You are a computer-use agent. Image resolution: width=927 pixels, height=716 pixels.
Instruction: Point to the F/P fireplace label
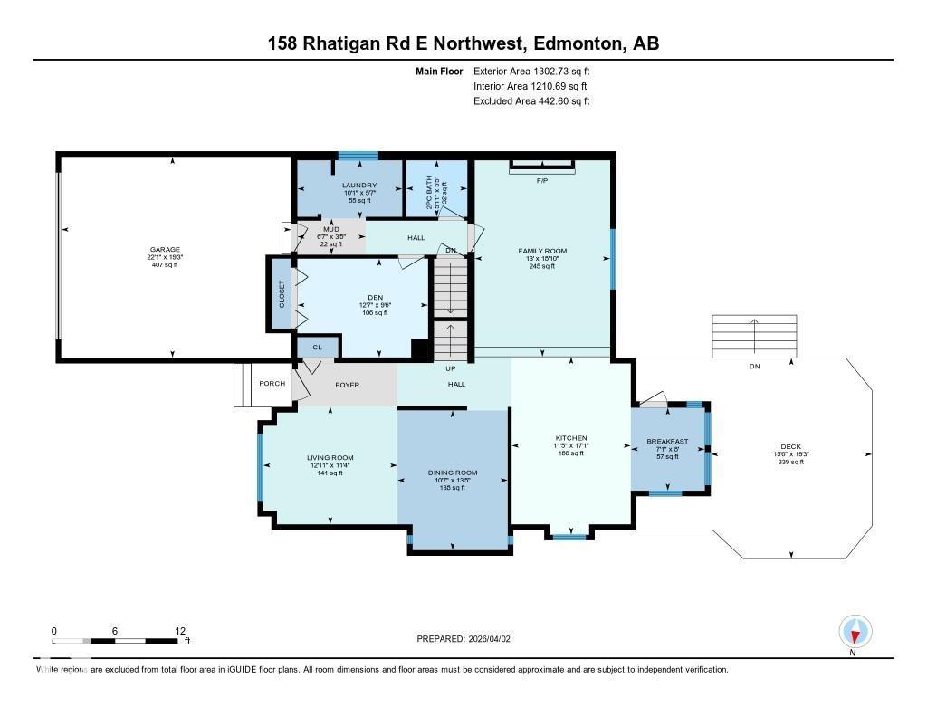click(x=542, y=181)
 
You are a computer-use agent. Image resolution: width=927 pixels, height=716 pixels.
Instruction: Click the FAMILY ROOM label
click(x=542, y=251)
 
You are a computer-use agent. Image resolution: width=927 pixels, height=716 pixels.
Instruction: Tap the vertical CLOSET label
click(x=282, y=293)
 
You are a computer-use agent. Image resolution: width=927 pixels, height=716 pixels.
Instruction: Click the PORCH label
click(x=272, y=384)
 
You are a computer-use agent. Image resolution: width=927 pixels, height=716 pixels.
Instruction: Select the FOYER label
click(x=347, y=385)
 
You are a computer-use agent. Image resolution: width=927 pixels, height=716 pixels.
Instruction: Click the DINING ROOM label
click(x=452, y=473)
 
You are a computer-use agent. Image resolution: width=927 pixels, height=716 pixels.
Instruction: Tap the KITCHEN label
click(x=571, y=438)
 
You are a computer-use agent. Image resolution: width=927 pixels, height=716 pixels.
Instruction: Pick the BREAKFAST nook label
click(x=667, y=442)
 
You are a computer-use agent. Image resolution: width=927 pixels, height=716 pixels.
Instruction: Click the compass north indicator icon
click(x=855, y=632)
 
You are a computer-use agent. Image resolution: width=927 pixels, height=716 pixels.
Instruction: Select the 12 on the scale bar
click(x=180, y=631)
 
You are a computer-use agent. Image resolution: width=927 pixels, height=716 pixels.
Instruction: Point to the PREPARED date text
click(x=463, y=638)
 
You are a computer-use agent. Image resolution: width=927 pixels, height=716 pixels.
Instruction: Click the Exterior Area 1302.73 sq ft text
click(x=531, y=71)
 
